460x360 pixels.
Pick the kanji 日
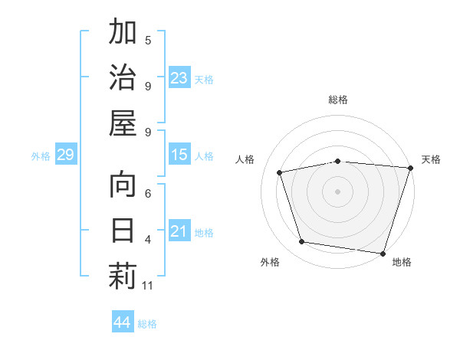[123, 230]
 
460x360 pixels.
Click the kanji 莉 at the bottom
[123, 275]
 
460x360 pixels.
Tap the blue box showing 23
[179, 78]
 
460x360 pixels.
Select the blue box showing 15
[179, 155]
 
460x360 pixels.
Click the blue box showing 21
[179, 232]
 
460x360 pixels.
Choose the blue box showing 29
[65, 155]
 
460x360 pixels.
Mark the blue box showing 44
[122, 322]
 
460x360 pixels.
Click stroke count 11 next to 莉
[148, 286]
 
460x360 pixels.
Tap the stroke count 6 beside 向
[148, 195]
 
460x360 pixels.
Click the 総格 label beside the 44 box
[147, 323]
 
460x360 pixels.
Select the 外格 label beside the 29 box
[41, 156]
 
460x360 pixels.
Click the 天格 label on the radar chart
[431, 159]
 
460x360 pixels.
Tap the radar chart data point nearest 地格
[383, 253]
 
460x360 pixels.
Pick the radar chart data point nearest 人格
[280, 172]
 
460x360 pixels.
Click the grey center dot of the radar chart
[338, 191]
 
